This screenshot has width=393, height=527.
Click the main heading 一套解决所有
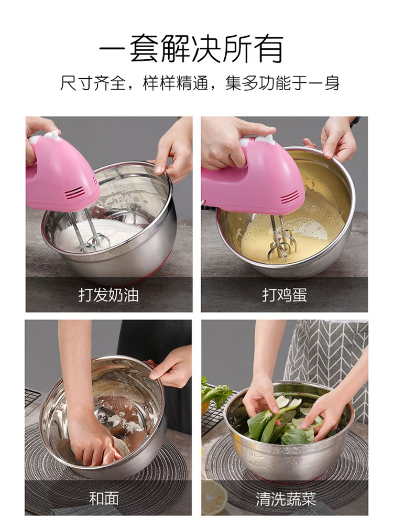pyautogui.click(x=191, y=48)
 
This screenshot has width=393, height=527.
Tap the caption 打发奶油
pyautogui.click(x=108, y=295)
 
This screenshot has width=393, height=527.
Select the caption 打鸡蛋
pyautogui.click(x=285, y=295)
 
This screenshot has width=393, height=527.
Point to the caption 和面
pyautogui.click(x=104, y=499)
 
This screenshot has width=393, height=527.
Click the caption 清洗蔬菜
pyautogui.click(x=286, y=499)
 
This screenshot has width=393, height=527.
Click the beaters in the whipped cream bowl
pyautogui.click(x=91, y=231)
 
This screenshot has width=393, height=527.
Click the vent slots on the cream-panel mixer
pyautogui.click(x=75, y=192)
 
